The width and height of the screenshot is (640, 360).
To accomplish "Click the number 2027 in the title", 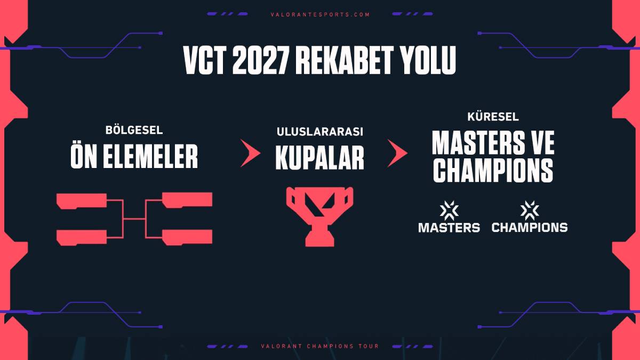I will tap(261, 62).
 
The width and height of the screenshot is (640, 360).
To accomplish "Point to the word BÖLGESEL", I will tap(134, 130).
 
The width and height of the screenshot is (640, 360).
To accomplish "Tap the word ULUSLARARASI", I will tap(320, 131).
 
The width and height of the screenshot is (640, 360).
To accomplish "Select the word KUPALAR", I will tap(320, 157).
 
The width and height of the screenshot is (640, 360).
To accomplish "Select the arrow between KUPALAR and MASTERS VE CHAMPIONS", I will tap(397, 154).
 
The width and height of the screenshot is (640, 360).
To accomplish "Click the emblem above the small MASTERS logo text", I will tap(449, 210).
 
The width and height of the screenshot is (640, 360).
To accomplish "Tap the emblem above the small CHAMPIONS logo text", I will tap(529, 210).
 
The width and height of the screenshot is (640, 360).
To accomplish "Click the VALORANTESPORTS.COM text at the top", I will tap(320, 14).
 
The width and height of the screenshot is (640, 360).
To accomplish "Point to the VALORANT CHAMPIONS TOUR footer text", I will tap(320, 346).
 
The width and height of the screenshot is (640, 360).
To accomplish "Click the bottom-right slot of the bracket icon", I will tap(187, 237).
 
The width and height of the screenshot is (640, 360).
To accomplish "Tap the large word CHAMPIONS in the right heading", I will tap(493, 170).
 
